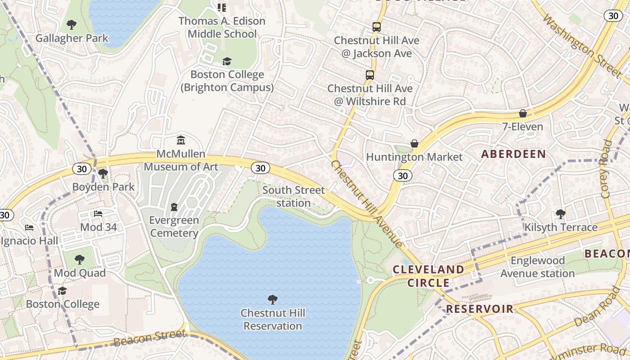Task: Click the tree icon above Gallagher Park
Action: point(71,24)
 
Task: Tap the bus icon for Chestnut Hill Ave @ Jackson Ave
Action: point(377,27)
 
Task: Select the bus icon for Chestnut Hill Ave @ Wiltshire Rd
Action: point(370,75)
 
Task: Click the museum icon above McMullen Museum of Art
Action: point(181,140)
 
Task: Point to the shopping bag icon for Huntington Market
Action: point(414,144)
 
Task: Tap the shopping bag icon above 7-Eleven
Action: point(523,113)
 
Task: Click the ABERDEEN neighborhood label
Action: point(513,154)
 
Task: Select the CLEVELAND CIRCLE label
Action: point(428,276)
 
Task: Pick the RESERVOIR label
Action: point(479,309)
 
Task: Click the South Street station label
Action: point(293,196)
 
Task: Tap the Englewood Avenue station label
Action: point(537,267)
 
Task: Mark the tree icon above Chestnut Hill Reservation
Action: point(272,299)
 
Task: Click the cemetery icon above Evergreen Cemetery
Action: point(174,207)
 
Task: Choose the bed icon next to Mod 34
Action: point(98,214)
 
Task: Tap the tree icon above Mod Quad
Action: point(80,260)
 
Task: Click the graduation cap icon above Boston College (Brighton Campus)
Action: point(227,61)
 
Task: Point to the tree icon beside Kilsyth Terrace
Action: point(561,214)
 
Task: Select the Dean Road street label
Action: point(597,307)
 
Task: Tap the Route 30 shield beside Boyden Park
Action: point(81,169)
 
